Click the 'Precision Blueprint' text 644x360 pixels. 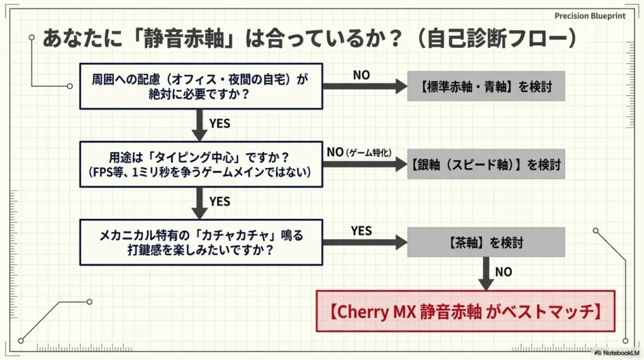590,16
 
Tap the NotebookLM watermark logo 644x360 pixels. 597,353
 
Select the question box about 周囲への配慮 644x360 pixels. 201,86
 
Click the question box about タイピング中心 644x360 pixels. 201,164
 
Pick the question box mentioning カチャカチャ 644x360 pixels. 201,242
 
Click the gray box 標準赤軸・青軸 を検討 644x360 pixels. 486,86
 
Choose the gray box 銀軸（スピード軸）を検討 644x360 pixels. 486,164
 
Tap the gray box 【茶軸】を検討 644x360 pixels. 486,242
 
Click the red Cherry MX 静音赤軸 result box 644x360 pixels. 466,311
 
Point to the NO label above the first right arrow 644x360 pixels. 362,75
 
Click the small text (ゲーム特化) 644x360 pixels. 369,153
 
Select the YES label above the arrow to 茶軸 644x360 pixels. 362,231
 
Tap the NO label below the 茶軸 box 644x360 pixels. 504,272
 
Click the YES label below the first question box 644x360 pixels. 219,123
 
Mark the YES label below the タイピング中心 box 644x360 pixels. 219,201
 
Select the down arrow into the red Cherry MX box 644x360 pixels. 486,274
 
